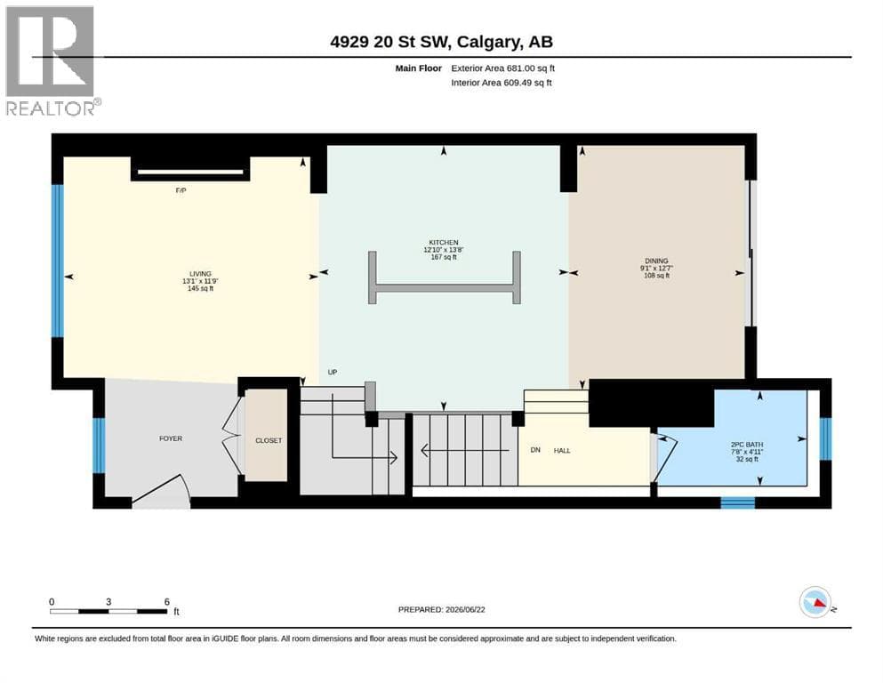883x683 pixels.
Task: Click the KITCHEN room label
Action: [x=444, y=243]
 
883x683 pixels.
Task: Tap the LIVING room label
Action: [x=200, y=274]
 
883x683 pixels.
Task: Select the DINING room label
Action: [x=656, y=261]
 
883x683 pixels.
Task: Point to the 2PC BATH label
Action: [x=747, y=445]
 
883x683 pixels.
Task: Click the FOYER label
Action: [x=171, y=438]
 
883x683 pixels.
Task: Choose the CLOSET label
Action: [x=269, y=440]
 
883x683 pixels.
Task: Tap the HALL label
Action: [x=562, y=451]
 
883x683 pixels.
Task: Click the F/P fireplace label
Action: [x=181, y=191]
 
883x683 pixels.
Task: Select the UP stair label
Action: [x=333, y=373]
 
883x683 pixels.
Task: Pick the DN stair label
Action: [x=535, y=450]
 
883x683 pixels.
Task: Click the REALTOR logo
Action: [x=52, y=60]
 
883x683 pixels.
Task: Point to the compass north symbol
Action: [x=816, y=602]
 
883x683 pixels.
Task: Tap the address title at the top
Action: [x=441, y=42]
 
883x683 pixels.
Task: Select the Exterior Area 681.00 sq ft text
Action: [x=503, y=68]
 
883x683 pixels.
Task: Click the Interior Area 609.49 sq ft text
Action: [x=502, y=83]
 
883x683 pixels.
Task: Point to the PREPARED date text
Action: [x=441, y=610]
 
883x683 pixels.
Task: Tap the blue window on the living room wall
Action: [x=58, y=261]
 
